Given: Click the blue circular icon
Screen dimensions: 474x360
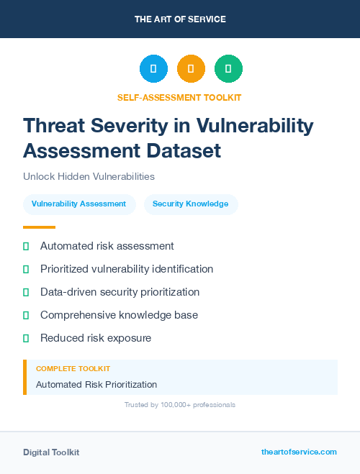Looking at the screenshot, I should pyautogui.click(x=153, y=69).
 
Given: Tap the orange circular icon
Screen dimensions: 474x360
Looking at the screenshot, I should pyautogui.click(x=191, y=69).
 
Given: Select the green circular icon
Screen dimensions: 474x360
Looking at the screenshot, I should pyautogui.click(x=228, y=69).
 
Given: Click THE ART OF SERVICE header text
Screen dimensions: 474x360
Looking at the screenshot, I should pyautogui.click(x=180, y=19).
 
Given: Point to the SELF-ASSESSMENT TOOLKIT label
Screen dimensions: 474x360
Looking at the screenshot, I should pyautogui.click(x=179, y=97).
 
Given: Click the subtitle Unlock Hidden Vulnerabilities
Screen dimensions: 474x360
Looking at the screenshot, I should pyautogui.click(x=89, y=176).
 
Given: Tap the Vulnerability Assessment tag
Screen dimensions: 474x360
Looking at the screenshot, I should pyautogui.click(x=78, y=204).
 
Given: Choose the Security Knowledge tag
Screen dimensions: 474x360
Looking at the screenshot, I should pyautogui.click(x=190, y=204).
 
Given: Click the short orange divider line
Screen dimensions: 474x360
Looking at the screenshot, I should pyautogui.click(x=39, y=227).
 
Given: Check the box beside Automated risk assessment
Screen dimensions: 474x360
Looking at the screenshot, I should pyautogui.click(x=26, y=246).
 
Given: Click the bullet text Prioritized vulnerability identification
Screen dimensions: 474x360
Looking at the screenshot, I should pyautogui.click(x=127, y=269).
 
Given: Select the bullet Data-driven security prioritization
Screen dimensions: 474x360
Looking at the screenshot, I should pyautogui.click(x=120, y=292).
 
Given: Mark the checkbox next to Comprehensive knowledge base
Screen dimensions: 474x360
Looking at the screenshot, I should pyautogui.click(x=26, y=315).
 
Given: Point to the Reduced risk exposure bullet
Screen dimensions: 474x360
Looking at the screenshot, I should pyautogui.click(x=96, y=338).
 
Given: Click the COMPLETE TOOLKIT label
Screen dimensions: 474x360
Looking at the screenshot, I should pyautogui.click(x=73, y=368).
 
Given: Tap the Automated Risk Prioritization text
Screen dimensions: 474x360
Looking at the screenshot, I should pyautogui.click(x=96, y=385).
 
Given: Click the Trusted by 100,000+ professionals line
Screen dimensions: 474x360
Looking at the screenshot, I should pyautogui.click(x=179, y=405).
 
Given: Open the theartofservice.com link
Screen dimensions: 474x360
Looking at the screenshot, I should pyautogui.click(x=299, y=452).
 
